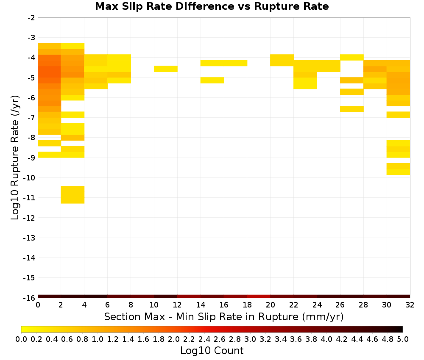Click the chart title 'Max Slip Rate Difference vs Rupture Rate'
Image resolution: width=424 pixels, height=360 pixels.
pos(212,6)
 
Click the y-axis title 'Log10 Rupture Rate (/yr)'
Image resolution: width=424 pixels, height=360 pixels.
pos(15,158)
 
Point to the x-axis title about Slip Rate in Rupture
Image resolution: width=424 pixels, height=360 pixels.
pos(223,316)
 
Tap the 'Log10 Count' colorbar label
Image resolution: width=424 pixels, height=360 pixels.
pos(212,351)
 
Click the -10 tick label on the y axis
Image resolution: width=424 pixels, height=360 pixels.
pos(29,178)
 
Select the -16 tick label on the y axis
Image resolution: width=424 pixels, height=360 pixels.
pos(29,298)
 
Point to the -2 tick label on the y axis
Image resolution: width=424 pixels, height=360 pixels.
pos(31,18)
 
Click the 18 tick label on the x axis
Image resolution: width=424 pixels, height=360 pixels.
pos(247,305)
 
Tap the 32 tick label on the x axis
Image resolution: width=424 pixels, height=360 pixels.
pos(410,305)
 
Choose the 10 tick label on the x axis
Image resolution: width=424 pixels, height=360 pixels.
pos(154,305)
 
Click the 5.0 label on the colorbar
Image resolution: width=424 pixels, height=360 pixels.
pos(403,339)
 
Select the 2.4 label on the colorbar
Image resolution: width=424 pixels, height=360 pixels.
pos(204,339)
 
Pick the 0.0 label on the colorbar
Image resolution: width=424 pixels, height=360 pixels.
pos(21,339)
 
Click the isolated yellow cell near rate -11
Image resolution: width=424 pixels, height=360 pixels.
pos(73,194)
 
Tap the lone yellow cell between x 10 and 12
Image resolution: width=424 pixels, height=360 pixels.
pos(166,69)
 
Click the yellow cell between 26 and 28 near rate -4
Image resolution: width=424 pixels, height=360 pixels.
pos(352,57)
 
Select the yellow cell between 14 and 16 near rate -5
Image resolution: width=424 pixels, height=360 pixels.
pos(212,80)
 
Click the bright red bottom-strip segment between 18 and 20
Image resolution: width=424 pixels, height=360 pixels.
pos(259,296)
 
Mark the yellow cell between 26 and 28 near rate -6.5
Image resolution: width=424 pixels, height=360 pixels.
pos(352,109)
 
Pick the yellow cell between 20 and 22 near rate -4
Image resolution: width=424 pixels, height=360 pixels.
pos(282,60)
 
